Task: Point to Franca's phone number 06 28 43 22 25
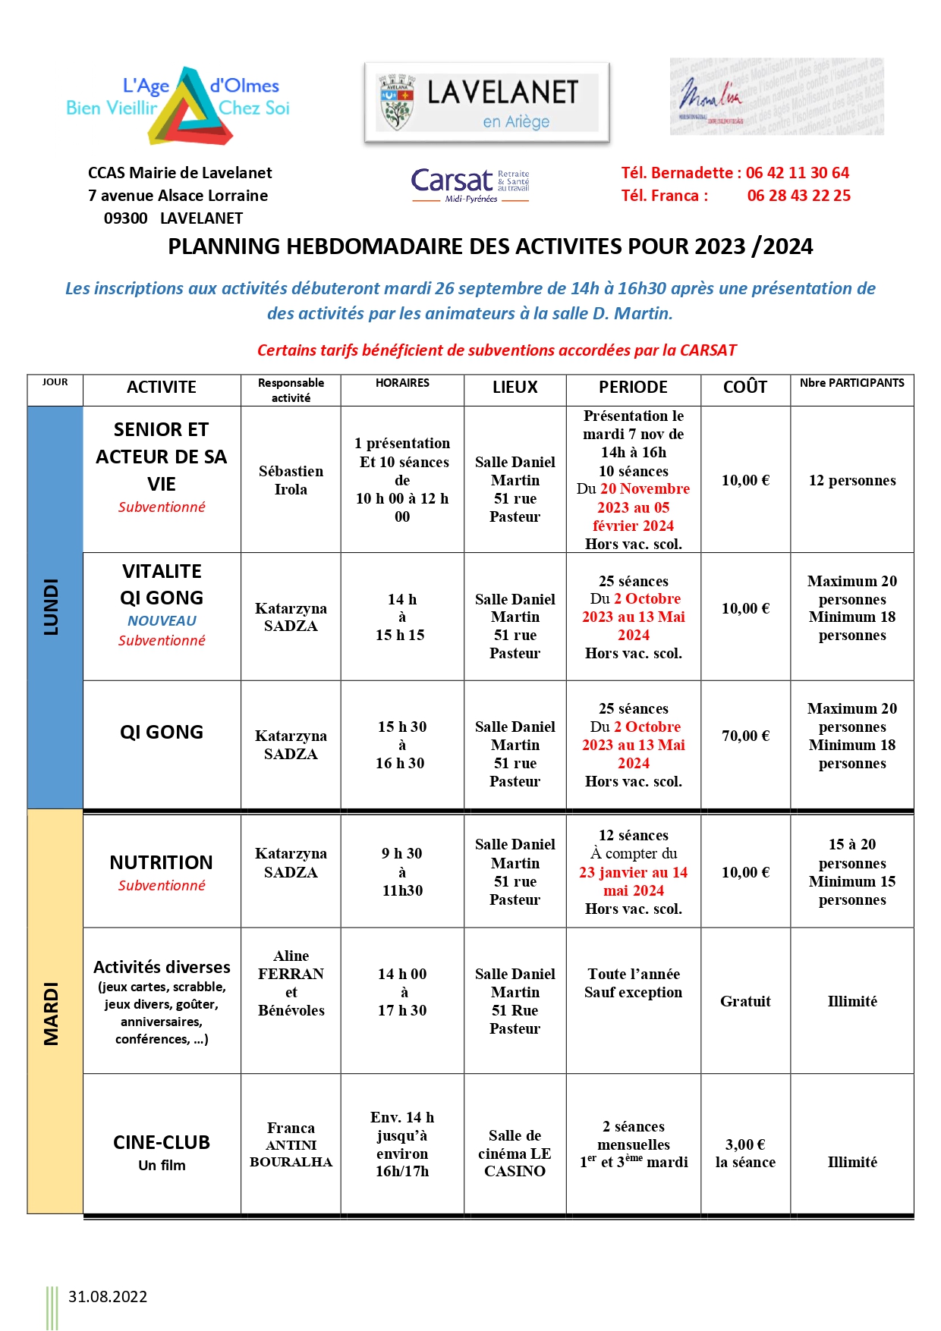click(x=798, y=196)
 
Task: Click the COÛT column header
click(x=744, y=388)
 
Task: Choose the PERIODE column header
click(x=633, y=388)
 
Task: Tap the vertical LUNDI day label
click(x=52, y=607)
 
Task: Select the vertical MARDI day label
click(x=52, y=1013)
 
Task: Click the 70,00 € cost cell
click(x=745, y=736)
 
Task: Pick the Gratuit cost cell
click(x=745, y=1001)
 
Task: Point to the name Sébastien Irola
click(x=291, y=480)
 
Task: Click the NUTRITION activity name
click(x=161, y=862)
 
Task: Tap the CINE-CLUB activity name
click(x=161, y=1142)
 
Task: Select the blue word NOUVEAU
click(x=162, y=620)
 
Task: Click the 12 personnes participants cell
click(x=852, y=480)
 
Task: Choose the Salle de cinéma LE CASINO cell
click(x=515, y=1153)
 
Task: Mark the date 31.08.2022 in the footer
click(x=108, y=1297)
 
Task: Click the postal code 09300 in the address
click(x=125, y=218)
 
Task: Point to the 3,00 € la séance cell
click(x=745, y=1153)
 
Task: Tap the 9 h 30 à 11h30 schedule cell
click(x=402, y=872)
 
